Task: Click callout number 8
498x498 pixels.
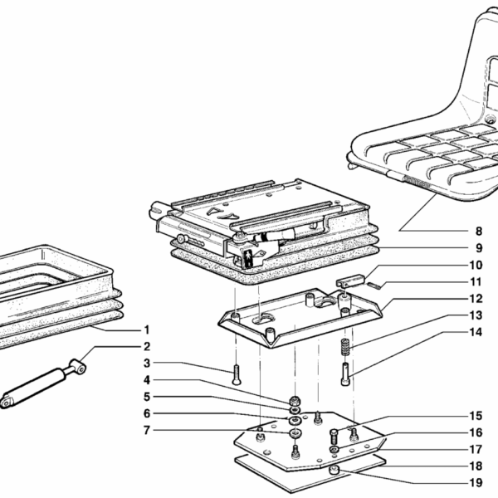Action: coord(478,230)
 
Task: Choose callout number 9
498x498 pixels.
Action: coord(478,247)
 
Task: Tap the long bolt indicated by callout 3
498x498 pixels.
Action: coord(237,373)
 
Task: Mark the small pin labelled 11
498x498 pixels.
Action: coord(373,285)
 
